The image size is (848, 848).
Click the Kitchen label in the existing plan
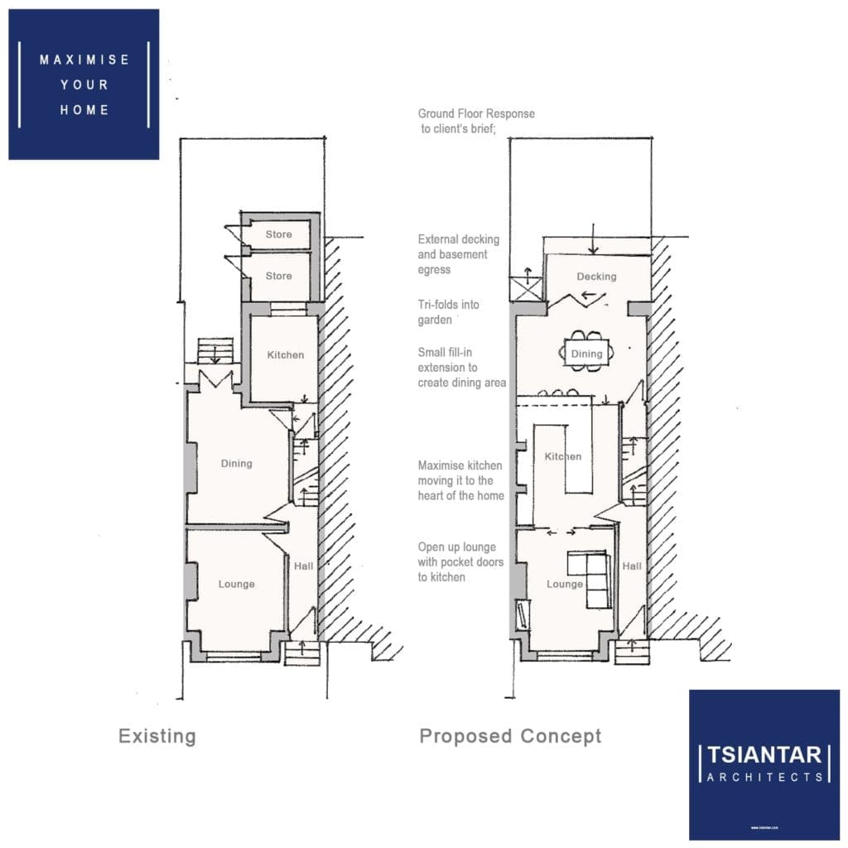286,354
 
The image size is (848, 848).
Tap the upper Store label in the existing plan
278,234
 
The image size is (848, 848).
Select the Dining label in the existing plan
236,464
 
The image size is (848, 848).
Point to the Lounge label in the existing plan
236,584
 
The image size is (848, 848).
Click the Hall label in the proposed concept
632,566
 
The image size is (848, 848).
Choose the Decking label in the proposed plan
596,277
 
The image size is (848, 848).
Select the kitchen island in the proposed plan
577,460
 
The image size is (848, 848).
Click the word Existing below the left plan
157,736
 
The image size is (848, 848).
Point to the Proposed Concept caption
510,736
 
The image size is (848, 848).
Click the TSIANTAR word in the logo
764,754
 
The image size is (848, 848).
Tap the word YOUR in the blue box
84,85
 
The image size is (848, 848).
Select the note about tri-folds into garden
448,312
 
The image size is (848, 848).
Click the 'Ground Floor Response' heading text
476,113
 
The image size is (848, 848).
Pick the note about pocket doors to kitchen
460,562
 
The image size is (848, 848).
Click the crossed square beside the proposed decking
526,287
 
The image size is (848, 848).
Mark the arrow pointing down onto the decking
593,239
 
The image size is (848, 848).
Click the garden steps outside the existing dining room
215,351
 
